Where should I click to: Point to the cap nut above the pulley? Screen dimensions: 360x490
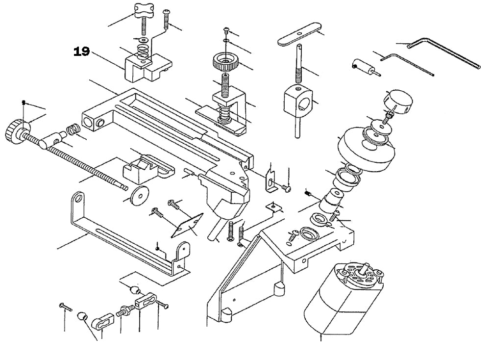(x=399, y=102)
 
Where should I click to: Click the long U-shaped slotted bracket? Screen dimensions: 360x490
(x=127, y=235)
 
